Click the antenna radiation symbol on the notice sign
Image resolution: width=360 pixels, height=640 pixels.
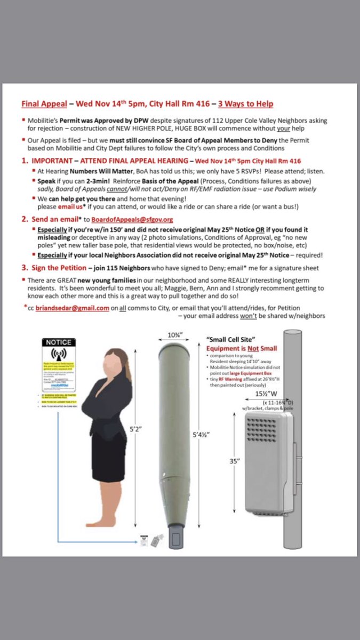(x=59, y=355)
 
